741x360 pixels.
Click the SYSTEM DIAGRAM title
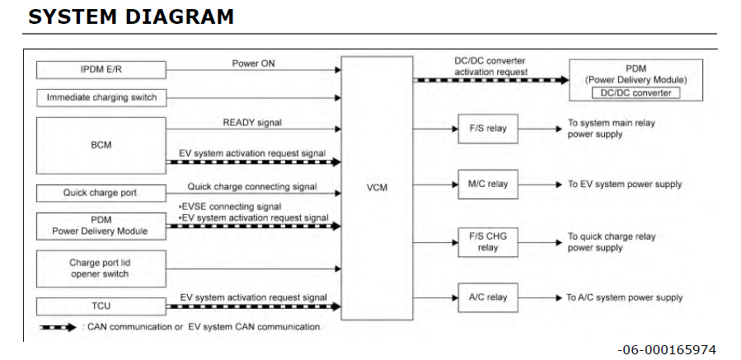[x=131, y=16]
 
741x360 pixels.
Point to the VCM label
[x=378, y=187]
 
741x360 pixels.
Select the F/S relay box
[x=488, y=129]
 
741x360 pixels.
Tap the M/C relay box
[x=488, y=184]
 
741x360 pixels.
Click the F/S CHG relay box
[x=488, y=241]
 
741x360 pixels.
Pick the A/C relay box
[x=488, y=297]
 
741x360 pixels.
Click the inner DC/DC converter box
[x=635, y=93]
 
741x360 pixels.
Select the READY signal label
[x=252, y=122]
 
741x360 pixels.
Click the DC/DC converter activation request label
[x=490, y=66]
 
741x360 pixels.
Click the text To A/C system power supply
[x=624, y=297]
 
